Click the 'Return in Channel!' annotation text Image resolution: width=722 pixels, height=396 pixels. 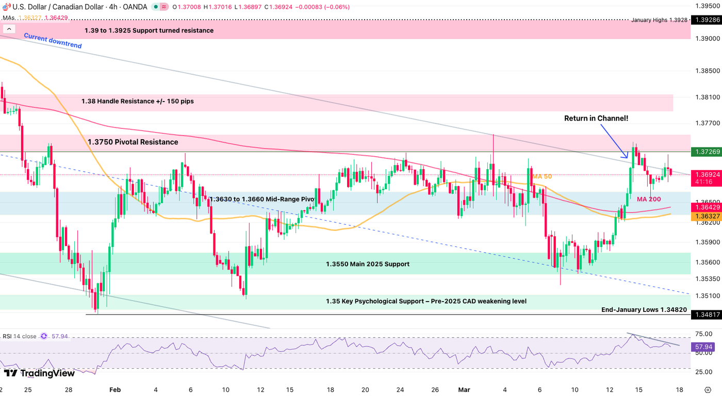[596, 118]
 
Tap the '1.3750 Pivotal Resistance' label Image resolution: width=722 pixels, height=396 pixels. [133, 142]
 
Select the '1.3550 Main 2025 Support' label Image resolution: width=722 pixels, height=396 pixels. [367, 264]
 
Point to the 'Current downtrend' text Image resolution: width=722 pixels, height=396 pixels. [53, 41]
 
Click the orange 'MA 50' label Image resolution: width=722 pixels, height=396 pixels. [542, 176]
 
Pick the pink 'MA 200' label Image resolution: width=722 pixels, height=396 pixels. [648, 199]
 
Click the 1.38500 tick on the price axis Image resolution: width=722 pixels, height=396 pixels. [705, 71]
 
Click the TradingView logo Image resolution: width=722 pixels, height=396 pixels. [39, 373]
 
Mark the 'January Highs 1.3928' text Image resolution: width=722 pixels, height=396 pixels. [659, 20]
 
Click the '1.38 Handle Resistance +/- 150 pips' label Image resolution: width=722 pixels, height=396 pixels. [137, 101]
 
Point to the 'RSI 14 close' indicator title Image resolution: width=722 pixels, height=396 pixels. [20, 336]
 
